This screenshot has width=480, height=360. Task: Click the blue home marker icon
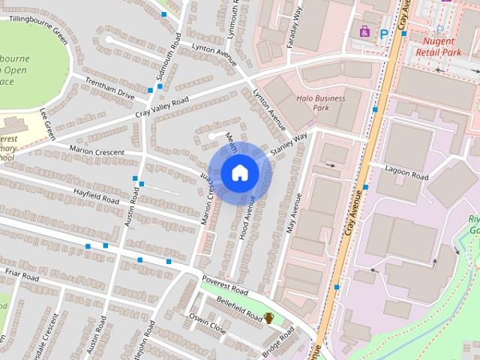tap(238, 172)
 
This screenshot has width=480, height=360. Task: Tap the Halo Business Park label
tap(320, 103)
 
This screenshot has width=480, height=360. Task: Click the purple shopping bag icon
tap(364, 31)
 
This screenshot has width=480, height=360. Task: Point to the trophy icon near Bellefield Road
tap(268, 319)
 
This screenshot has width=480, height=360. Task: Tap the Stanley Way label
tap(289, 144)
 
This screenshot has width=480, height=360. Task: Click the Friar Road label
tap(20, 275)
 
